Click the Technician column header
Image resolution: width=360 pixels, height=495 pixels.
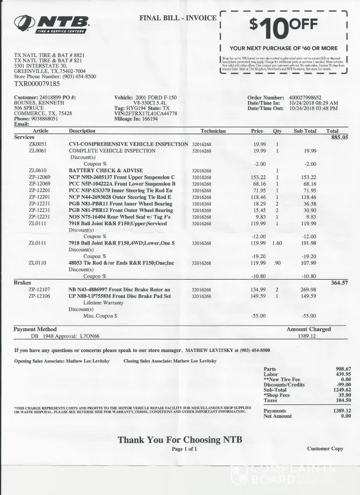[213, 131]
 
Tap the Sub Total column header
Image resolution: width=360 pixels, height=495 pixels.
[305, 131]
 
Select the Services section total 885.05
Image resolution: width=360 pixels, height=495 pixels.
[340, 138]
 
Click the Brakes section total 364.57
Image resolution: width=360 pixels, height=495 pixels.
[340, 283]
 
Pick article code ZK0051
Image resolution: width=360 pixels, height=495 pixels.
[38, 144]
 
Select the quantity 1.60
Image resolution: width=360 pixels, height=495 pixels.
[277, 243]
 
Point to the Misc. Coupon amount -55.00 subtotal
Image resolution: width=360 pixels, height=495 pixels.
[309, 315]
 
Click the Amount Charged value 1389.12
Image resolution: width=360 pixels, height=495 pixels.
[307, 336]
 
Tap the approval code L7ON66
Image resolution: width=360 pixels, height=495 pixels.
[90, 336]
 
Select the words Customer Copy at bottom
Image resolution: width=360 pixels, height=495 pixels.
[325, 449]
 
